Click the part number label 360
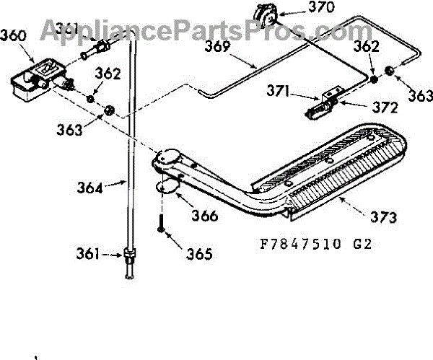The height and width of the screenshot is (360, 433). click(x=12, y=34)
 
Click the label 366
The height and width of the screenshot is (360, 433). click(x=206, y=216)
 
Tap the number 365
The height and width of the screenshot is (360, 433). click(x=198, y=254)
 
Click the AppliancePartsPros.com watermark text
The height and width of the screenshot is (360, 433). click(x=195, y=30)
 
